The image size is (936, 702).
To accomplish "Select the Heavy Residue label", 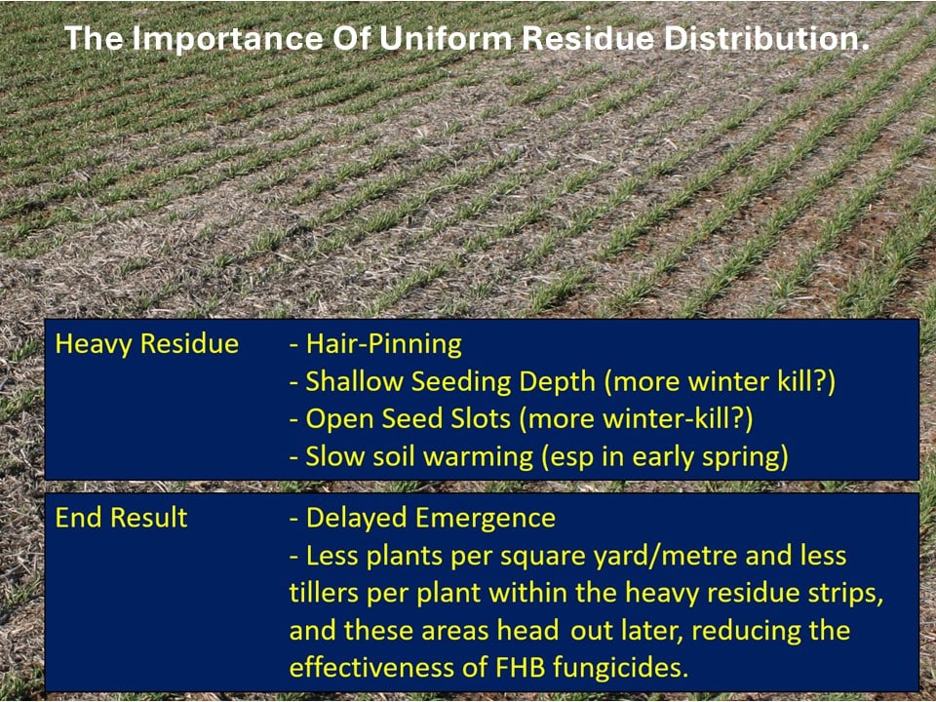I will pyautogui.click(x=146, y=344).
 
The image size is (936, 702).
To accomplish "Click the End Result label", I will pyautogui.click(x=121, y=518).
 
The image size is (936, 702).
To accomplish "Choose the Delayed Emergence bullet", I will pyautogui.click(x=422, y=518).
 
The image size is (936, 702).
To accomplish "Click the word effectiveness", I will pyautogui.click(x=374, y=667).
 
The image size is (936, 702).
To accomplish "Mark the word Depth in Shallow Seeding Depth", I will pyautogui.click(x=555, y=381).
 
